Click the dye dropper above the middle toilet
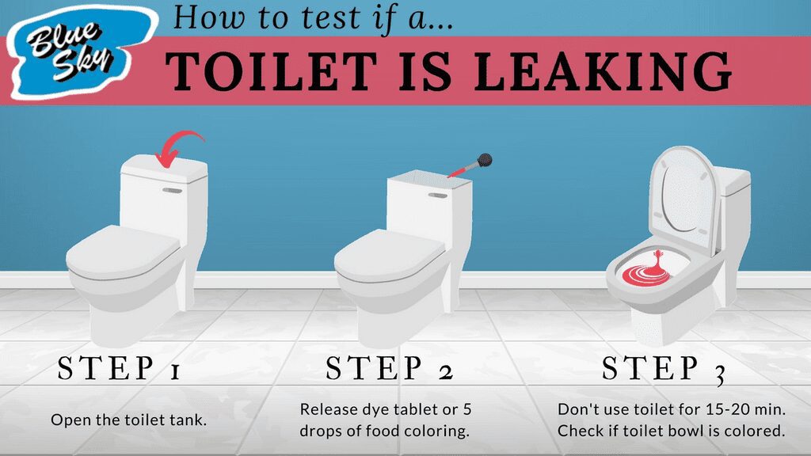tap(472, 165)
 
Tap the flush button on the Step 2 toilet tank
tap(436, 195)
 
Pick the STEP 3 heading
tap(664, 370)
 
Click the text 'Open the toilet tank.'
tap(129, 420)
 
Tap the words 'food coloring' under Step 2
tap(430, 431)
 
